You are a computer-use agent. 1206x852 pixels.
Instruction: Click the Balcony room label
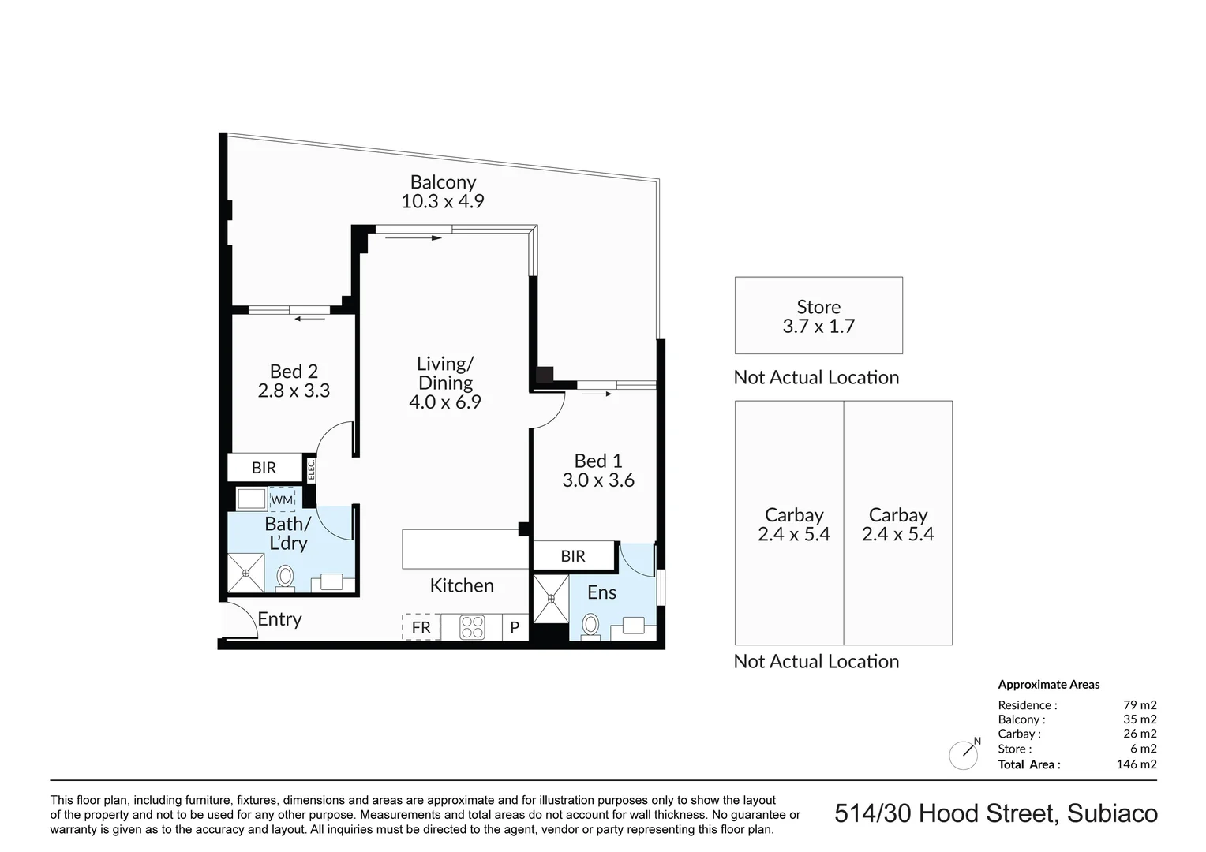pos(443,182)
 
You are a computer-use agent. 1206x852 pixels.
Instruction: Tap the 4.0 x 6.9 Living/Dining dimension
pos(444,402)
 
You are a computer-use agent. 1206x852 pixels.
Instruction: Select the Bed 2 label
pos(294,371)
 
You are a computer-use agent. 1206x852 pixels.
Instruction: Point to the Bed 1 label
pos(598,461)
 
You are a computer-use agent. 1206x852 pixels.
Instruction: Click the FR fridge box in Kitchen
pos(421,627)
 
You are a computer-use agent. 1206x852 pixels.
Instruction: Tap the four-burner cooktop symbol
pos(472,627)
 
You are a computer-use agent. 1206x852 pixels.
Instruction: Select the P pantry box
pos(515,628)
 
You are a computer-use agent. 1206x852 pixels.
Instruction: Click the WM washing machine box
pos(282,500)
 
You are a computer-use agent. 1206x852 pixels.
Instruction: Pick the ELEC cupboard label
pos(310,470)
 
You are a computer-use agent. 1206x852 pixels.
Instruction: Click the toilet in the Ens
pos(590,626)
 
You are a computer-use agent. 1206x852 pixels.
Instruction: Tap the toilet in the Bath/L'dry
pos(285,577)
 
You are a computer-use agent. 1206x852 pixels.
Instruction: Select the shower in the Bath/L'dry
pos(246,573)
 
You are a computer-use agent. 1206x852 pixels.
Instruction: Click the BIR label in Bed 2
pos(264,468)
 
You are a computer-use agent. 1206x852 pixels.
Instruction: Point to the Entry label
pos(279,619)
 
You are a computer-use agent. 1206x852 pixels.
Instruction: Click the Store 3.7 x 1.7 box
pos(818,316)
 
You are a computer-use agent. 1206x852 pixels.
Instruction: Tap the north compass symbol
pos(964,755)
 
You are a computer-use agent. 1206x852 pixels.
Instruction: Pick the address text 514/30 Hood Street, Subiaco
pos(996,813)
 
